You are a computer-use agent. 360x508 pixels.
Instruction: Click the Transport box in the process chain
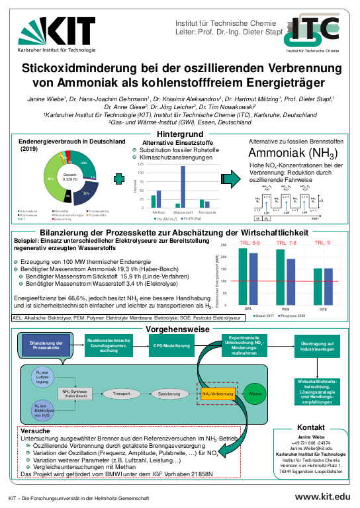122,394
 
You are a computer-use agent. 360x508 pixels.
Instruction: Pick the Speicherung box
169,394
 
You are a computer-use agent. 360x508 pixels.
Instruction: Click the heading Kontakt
311,427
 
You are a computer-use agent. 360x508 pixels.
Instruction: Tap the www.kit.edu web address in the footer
323,497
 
